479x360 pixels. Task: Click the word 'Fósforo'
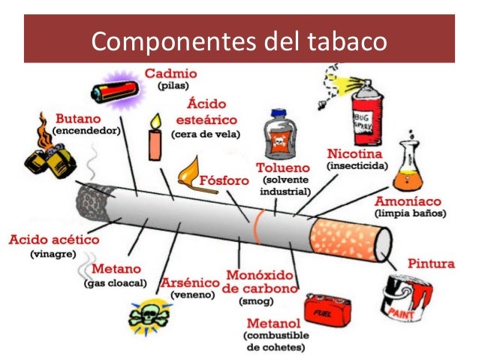pos(227,180)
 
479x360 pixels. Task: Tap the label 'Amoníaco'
pos(410,202)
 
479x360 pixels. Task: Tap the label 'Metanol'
pos(275,322)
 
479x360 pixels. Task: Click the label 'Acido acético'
pos(54,240)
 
